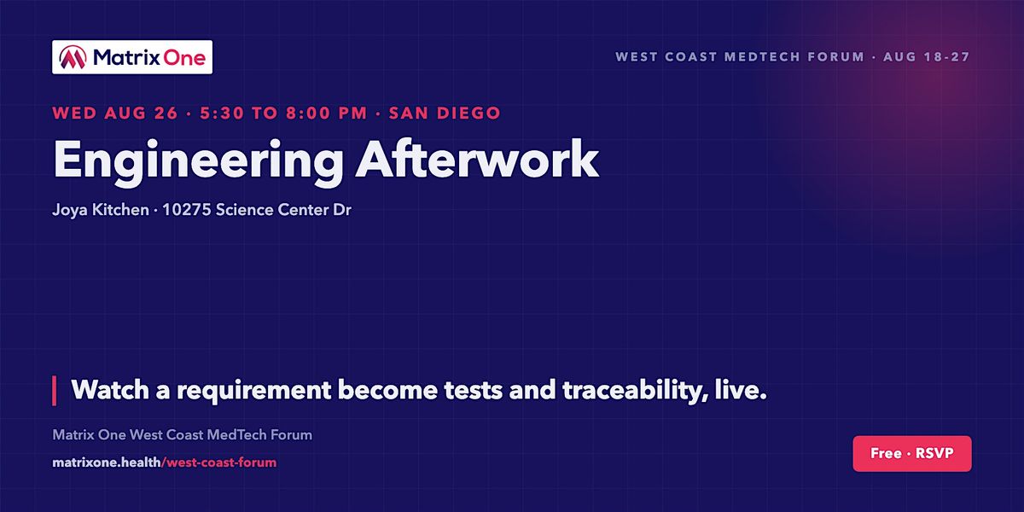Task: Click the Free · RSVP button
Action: [x=912, y=453]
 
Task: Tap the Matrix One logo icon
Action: [x=73, y=57]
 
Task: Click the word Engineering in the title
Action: [x=198, y=160]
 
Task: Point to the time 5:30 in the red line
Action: [x=222, y=113]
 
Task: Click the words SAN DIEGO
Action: [x=445, y=113]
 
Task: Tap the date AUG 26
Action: [x=141, y=113]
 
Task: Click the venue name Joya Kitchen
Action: [x=101, y=210]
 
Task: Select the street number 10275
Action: [x=187, y=210]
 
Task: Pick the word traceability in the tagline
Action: [x=636, y=391]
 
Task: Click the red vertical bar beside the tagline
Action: [x=55, y=391]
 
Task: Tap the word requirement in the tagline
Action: [x=253, y=392]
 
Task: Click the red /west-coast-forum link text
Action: [x=219, y=463]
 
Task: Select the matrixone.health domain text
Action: [x=107, y=463]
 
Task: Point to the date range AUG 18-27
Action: [x=927, y=56]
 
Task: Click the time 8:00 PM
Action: [x=326, y=113]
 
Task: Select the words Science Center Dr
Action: [x=283, y=210]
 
